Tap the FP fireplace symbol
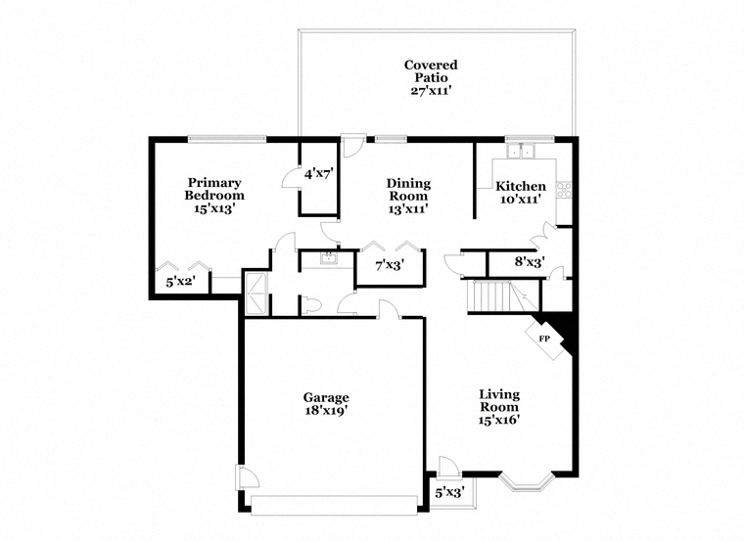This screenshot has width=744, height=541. click(544, 338)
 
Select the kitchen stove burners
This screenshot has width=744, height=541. click(564, 190)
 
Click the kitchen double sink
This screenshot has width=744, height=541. click(521, 151)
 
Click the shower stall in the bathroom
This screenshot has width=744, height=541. click(256, 293)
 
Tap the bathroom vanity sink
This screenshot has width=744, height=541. click(328, 259)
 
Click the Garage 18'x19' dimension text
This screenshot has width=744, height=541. click(326, 410)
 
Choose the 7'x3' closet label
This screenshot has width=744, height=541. click(390, 265)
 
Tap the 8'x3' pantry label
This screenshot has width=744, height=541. click(530, 261)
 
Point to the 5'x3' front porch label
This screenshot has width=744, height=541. click(449, 493)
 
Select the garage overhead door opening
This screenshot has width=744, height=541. click(334, 505)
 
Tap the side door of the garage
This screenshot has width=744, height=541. click(247, 477)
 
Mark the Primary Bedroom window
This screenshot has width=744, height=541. click(227, 139)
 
